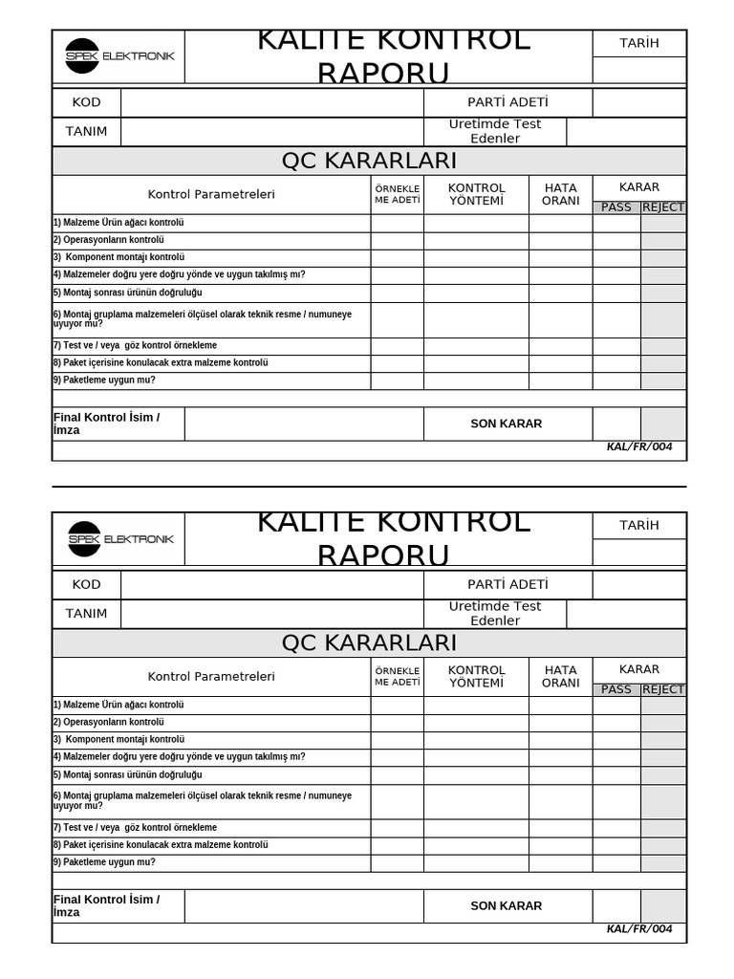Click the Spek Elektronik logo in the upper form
tap(119, 56)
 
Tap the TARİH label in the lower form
tap(639, 525)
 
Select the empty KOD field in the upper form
tap(271, 102)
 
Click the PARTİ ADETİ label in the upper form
tap(507, 102)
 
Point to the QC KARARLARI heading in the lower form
tap(369, 642)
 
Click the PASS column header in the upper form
tap(616, 207)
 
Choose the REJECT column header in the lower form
tap(663, 689)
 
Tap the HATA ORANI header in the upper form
tap(560, 194)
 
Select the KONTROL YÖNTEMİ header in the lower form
tap(476, 676)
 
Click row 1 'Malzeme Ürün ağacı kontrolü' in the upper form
tap(119, 223)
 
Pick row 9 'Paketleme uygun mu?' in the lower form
tap(104, 862)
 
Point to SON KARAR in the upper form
tap(506, 424)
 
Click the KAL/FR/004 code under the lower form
tap(639, 929)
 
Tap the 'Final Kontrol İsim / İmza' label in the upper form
tap(107, 424)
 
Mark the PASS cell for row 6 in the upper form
tap(616, 320)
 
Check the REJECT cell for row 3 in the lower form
tap(663, 740)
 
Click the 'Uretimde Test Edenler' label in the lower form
tap(495, 614)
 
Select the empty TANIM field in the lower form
tap(271, 614)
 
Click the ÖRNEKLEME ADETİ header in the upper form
tap(397, 194)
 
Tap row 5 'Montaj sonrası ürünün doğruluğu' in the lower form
tap(127, 775)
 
